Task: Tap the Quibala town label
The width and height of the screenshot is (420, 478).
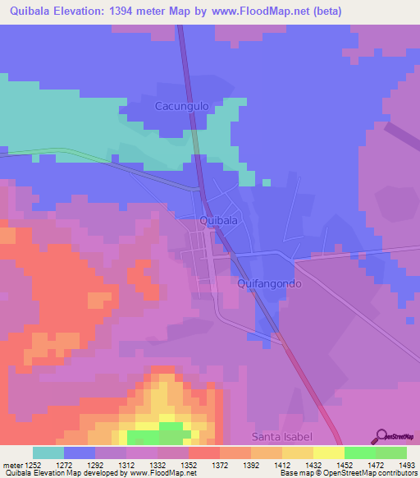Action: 219,220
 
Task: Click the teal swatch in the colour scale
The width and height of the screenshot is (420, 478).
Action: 48,453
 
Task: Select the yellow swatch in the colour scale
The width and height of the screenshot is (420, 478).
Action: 328,453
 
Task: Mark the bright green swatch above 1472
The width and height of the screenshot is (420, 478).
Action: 359,453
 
